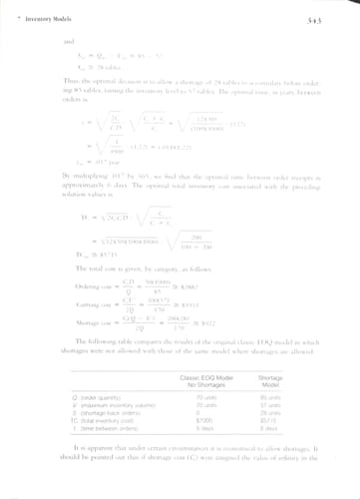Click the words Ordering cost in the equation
[x=82, y=287]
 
